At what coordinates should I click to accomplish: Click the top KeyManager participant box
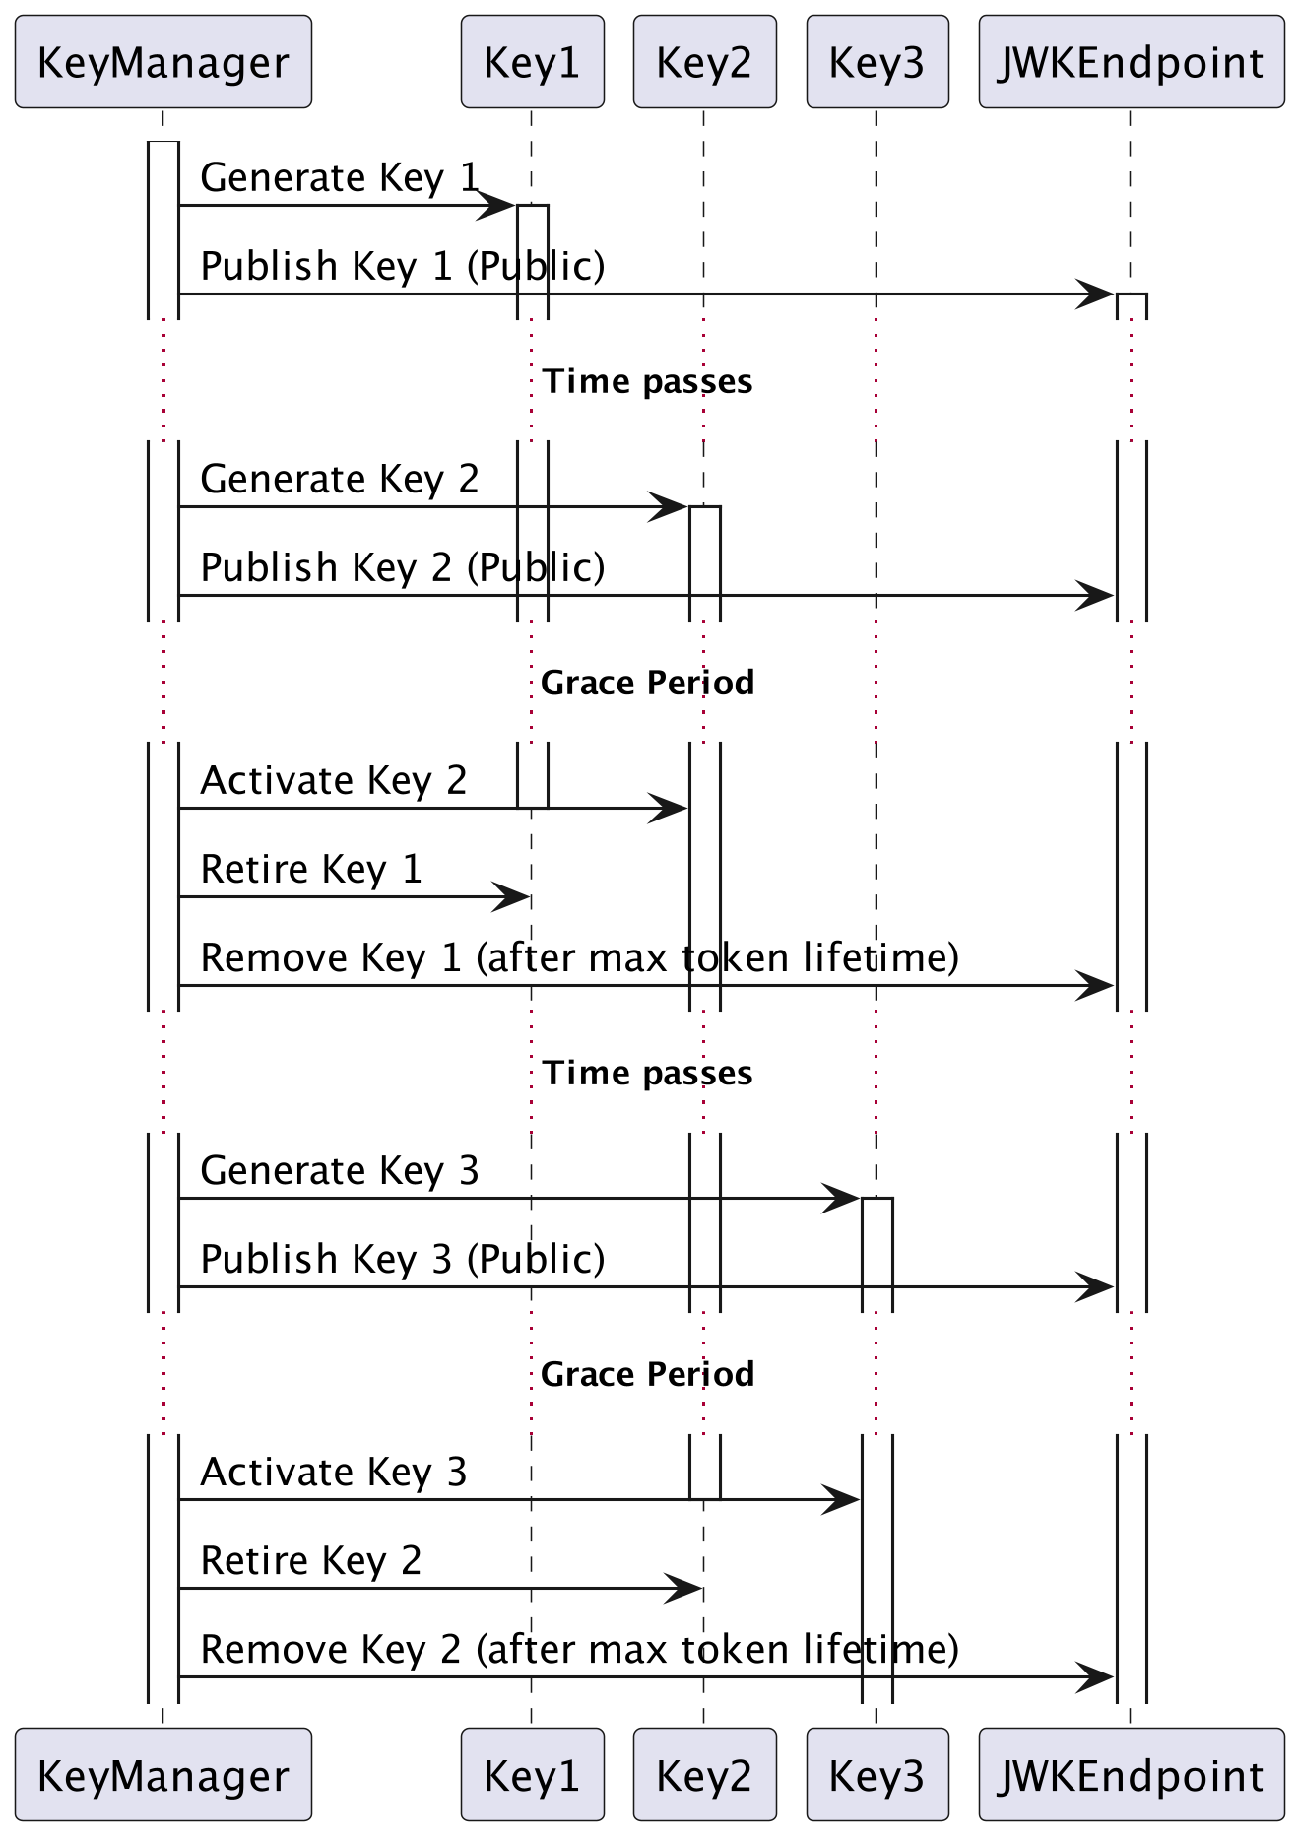163,62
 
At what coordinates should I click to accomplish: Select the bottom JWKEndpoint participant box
1132,1775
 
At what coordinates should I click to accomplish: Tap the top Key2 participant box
704,62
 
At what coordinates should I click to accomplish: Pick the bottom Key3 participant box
877,1775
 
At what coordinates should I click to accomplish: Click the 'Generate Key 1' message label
339,178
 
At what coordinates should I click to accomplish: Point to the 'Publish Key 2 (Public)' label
402,568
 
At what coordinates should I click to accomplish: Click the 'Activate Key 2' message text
333,781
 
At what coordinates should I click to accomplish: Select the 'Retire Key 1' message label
310,870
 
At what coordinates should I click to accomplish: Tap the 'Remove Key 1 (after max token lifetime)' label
579,958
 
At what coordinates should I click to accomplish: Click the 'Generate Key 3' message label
339,1171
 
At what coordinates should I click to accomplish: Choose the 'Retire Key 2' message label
310,1561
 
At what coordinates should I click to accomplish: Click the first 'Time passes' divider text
647,382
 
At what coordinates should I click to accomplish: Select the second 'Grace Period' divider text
647,1375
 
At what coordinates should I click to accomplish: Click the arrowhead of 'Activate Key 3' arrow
843,1500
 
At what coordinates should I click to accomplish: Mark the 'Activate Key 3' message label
333,1473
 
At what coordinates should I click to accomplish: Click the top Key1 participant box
532,62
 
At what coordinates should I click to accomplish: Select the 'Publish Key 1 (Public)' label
402,267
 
